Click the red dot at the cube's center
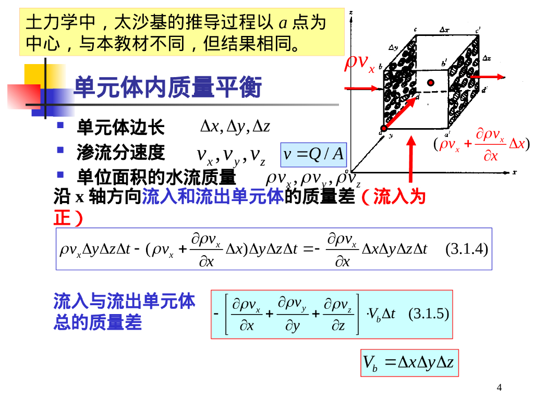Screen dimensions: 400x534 tap(430, 82)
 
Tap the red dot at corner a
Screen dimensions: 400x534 tap(383, 129)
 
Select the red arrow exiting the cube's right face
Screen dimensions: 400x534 tap(488, 77)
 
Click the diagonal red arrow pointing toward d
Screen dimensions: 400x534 tap(402, 113)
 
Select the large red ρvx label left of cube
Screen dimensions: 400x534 tap(360, 64)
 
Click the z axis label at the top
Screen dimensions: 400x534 tap(353, 11)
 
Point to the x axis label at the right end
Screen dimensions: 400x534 tap(514, 171)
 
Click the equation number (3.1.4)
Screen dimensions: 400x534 tap(467, 249)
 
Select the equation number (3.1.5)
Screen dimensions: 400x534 tap(429, 314)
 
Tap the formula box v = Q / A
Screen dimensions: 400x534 tap(313, 154)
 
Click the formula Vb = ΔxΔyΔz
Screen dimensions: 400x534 tap(409, 362)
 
